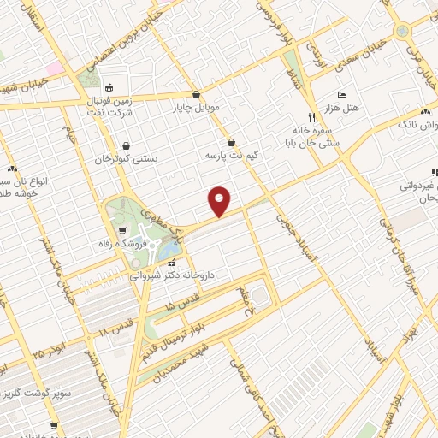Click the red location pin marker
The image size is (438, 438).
(220, 201)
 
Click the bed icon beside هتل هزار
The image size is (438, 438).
(342, 94)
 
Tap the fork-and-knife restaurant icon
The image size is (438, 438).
(311, 115)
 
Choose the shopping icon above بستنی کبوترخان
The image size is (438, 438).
(127, 145)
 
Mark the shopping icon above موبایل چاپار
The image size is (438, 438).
(198, 95)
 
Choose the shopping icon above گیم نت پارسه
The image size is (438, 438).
(231, 143)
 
